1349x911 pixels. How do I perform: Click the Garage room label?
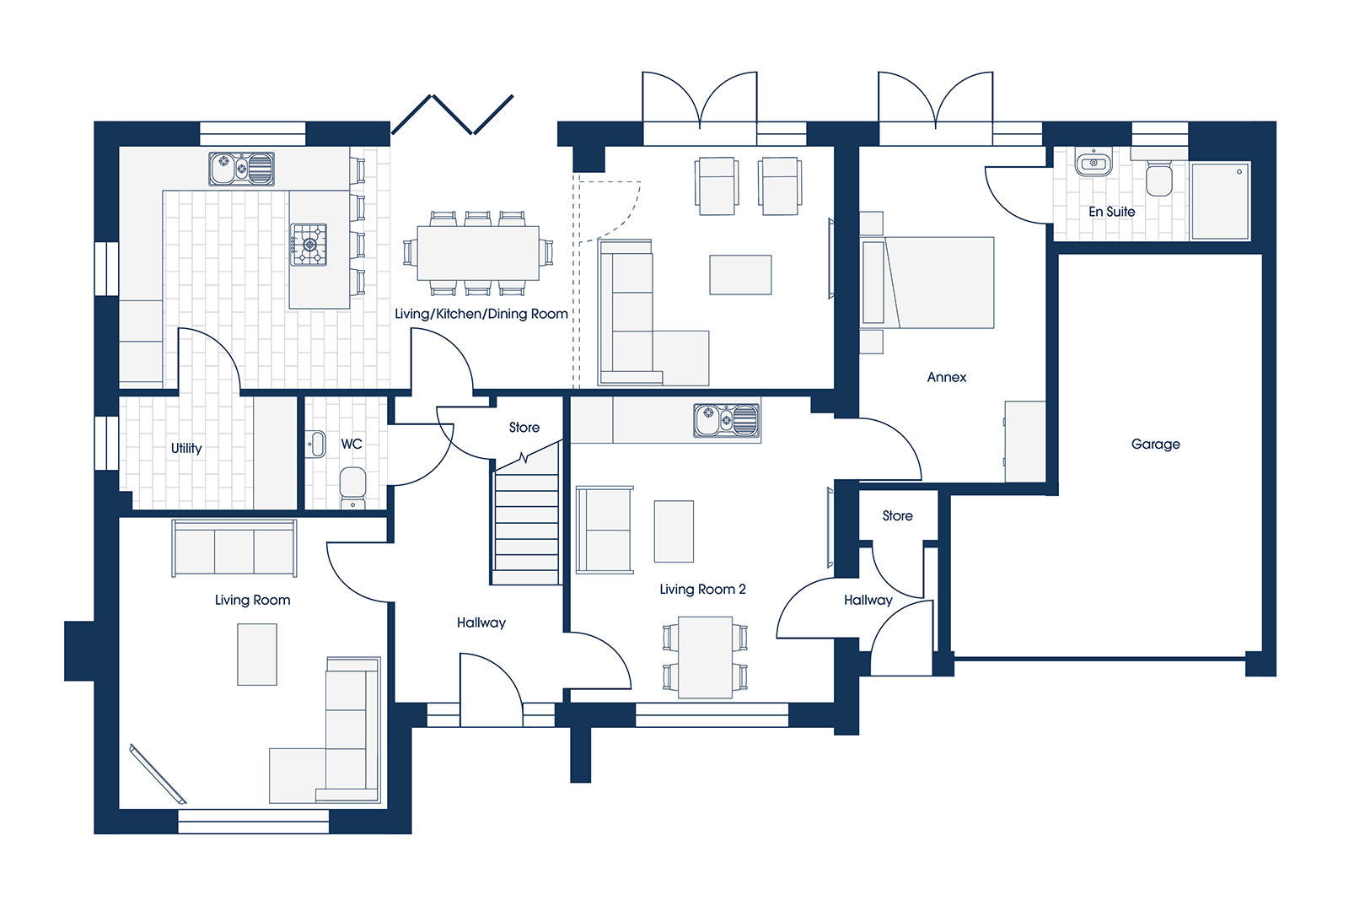[x=1155, y=445]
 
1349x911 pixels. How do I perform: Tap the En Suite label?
[x=1111, y=212]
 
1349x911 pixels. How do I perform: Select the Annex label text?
[x=947, y=377]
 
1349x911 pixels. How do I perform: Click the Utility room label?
[x=186, y=448]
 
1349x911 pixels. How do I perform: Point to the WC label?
[x=352, y=444]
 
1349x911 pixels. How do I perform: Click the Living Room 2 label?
[x=702, y=590]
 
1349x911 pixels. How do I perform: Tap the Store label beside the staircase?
[x=524, y=427]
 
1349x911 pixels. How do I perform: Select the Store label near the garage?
[x=897, y=515]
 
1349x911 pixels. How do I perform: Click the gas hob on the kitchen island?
[x=309, y=244]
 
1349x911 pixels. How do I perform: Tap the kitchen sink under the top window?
[x=241, y=168]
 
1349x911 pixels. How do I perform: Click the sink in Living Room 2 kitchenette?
[x=726, y=420]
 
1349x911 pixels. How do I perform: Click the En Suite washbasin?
[x=1094, y=163]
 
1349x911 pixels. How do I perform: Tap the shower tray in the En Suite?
[x=1220, y=200]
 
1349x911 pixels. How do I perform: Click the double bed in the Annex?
[x=927, y=282]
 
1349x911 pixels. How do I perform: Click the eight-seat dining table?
[x=478, y=253]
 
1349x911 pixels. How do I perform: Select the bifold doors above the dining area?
[x=452, y=115]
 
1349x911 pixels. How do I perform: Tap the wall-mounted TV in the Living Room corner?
[x=158, y=774]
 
